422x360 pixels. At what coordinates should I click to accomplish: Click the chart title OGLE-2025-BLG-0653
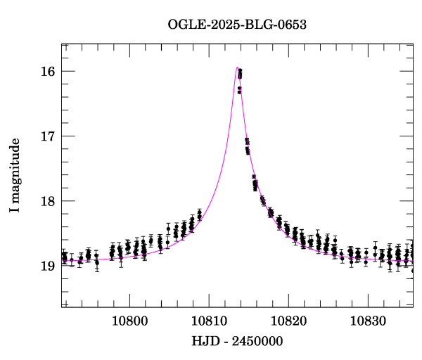237,25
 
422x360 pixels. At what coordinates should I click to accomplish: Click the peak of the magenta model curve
237,67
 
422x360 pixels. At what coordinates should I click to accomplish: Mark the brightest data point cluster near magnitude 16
240,74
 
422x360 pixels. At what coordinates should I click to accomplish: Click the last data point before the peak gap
200,213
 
